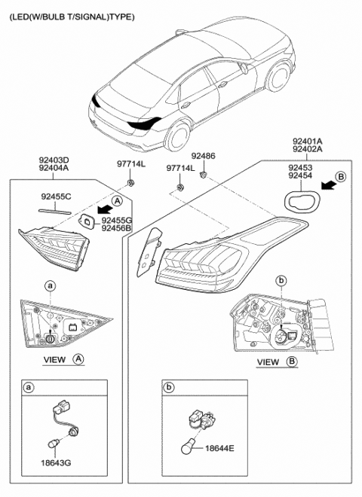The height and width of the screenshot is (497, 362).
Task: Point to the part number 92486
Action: click(203, 156)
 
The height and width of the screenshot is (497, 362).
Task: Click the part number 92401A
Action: click(308, 141)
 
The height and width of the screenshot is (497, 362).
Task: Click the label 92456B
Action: click(116, 227)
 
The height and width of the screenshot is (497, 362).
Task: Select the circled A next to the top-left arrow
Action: click(117, 200)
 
